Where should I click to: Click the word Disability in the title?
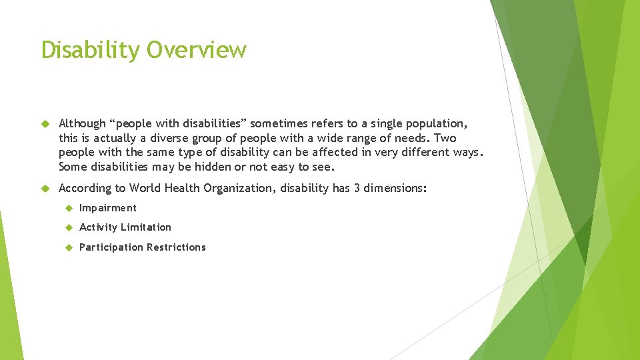coord(91,50)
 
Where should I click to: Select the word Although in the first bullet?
coord(82,123)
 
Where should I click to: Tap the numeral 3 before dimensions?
coord(357,188)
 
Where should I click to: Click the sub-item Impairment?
coord(107,208)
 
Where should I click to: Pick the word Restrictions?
coord(176,247)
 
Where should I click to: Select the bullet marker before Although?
coord(46,123)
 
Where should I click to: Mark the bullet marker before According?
coord(46,188)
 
